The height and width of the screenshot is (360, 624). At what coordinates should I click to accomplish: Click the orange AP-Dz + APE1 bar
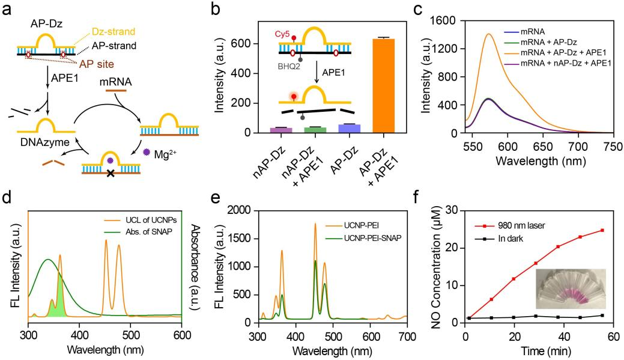pyautogui.click(x=384, y=85)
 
